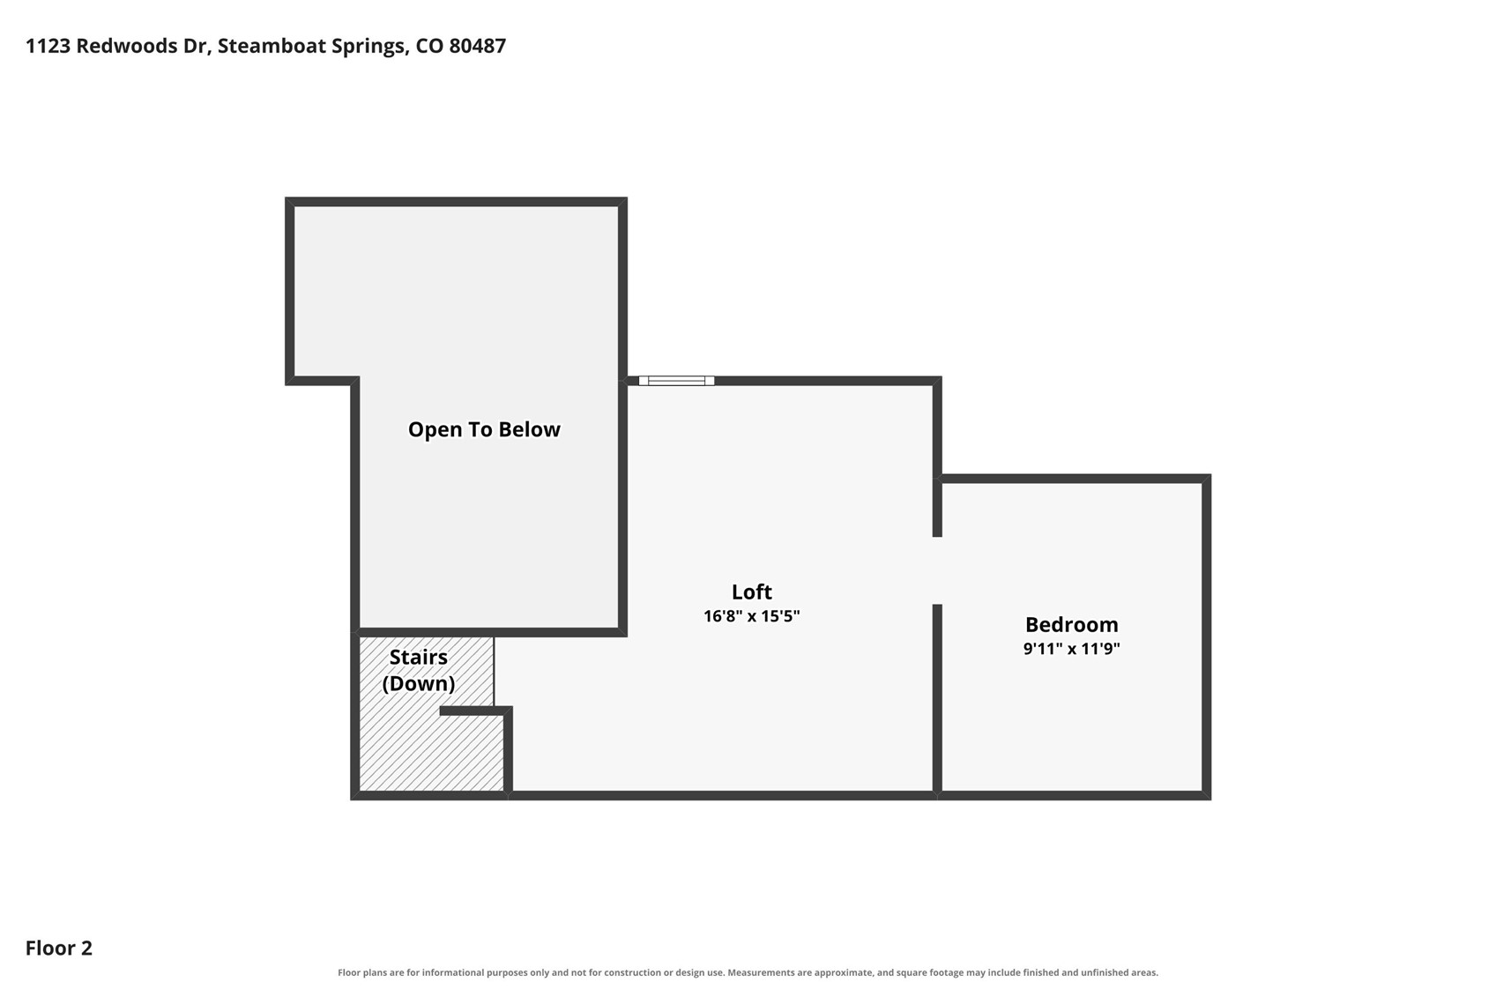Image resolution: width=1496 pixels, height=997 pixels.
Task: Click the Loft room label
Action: (x=751, y=592)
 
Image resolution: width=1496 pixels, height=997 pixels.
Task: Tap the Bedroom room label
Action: (x=1071, y=624)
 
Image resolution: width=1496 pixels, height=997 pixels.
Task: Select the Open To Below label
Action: (x=484, y=429)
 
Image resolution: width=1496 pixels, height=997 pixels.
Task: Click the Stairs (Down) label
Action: (x=419, y=671)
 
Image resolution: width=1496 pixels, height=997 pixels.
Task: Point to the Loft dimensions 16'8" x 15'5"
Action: (x=751, y=615)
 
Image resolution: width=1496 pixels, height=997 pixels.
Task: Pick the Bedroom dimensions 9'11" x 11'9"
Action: (x=1071, y=649)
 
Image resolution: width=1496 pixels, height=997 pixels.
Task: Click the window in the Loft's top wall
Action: (x=676, y=381)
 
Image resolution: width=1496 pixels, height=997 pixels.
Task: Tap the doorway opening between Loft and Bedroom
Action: (x=937, y=570)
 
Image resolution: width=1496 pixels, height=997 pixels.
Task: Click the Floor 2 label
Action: (x=59, y=949)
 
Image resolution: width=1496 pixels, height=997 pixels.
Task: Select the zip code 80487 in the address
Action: (x=478, y=46)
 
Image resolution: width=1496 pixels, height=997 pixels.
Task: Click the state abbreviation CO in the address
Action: (x=429, y=46)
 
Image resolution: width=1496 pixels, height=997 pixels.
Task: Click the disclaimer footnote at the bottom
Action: (x=748, y=973)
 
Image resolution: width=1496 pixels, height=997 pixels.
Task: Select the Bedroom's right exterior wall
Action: (x=1206, y=637)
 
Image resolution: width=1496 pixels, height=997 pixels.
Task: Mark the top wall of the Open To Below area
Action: (x=456, y=202)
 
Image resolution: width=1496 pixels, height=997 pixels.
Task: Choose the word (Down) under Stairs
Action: (x=419, y=684)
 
